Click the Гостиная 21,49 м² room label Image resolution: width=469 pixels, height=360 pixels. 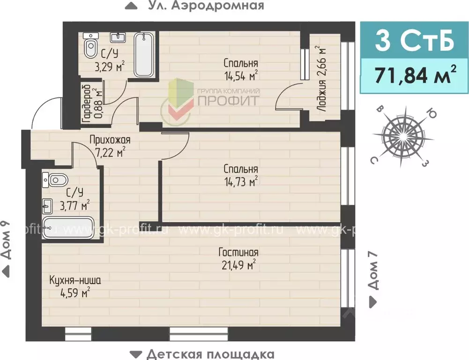tap(238, 258)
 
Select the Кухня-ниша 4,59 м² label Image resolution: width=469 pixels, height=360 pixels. tap(74, 286)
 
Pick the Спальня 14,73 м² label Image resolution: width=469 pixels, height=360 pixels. tap(241, 175)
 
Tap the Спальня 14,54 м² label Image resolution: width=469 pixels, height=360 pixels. tap(241, 68)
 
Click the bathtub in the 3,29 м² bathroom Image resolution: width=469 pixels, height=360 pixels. tap(144, 55)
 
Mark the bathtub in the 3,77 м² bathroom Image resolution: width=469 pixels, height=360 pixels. tap(68, 228)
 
